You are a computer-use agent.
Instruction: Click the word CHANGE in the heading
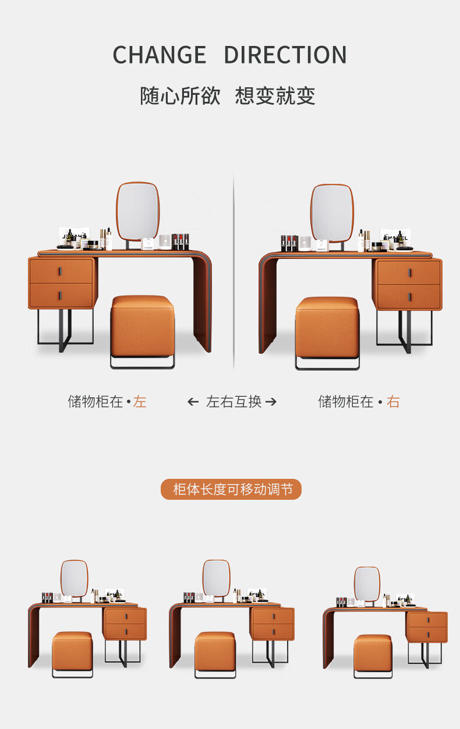pos(160,55)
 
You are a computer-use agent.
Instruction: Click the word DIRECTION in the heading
pos(285,55)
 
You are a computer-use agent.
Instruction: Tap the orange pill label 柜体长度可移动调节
pos(231,489)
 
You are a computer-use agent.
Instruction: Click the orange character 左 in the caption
pos(139,401)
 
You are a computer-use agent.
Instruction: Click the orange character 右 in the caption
pos(393,401)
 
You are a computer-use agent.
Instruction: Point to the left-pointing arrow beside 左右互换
pos(193,402)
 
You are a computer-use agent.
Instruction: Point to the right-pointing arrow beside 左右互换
pos(271,402)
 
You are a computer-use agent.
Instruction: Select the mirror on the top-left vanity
pos(138,212)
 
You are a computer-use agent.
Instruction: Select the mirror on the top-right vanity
pos(332,214)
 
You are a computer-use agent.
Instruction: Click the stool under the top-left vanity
pos(142,331)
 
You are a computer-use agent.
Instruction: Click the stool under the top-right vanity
pos(327,333)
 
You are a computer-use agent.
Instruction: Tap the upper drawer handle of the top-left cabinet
pos(61,272)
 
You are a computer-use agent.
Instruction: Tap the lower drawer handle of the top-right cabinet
pos(409,297)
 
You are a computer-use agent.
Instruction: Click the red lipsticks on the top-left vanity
pos(181,241)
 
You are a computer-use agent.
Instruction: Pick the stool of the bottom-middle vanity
pos(215,655)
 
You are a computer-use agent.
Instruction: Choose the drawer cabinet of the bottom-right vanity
pos(427,627)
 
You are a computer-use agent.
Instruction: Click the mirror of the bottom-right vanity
pos(367,584)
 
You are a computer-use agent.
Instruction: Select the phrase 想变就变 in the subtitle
pos(275,95)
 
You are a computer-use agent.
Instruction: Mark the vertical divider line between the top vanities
pos(233,272)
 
